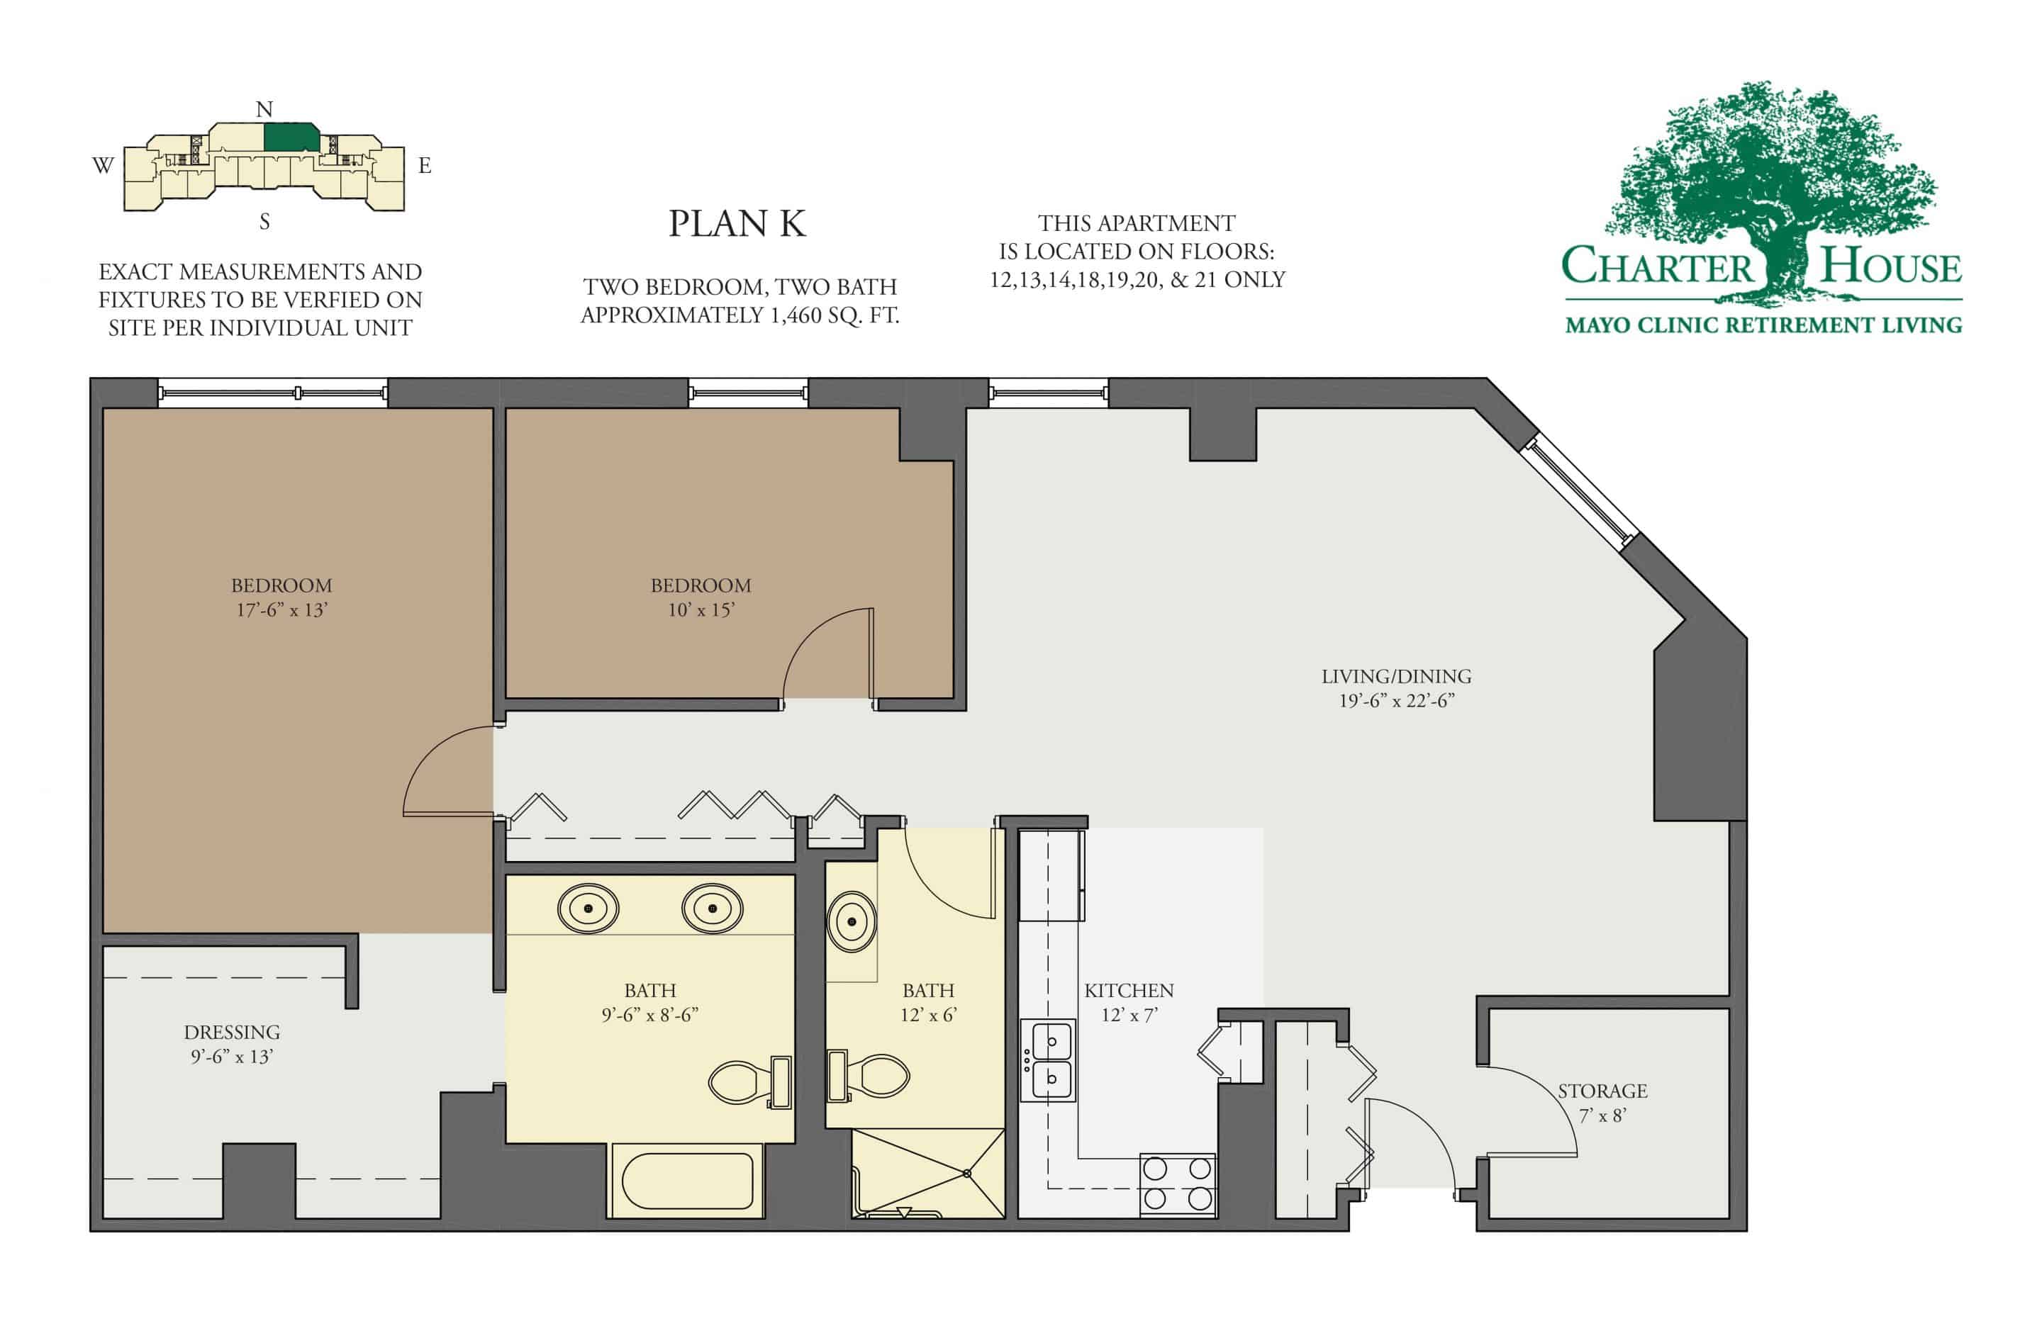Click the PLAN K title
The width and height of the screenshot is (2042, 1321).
tap(736, 224)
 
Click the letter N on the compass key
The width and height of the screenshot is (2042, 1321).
tap(264, 109)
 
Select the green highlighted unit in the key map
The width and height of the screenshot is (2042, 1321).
tap(291, 137)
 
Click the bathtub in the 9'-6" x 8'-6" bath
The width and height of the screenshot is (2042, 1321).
tap(687, 1181)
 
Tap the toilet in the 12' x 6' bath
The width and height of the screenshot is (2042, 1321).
tap(869, 1076)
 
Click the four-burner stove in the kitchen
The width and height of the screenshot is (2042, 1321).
tap(1177, 1183)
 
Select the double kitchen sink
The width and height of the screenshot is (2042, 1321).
tap(1049, 1060)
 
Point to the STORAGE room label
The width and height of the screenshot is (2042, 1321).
tap(1602, 1091)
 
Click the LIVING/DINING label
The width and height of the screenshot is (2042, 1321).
tap(1396, 676)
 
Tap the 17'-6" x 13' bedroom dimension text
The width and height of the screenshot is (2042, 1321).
tap(281, 610)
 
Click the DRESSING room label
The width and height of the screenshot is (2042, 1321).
tap(232, 1032)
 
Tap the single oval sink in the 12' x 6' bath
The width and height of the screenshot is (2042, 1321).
tap(851, 922)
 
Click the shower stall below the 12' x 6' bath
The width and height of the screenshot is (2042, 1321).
tap(928, 1173)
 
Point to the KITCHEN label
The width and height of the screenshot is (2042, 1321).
tap(1128, 990)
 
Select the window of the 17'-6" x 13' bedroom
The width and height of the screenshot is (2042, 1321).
tap(273, 393)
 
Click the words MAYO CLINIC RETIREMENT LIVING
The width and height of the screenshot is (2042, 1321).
tap(1763, 325)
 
